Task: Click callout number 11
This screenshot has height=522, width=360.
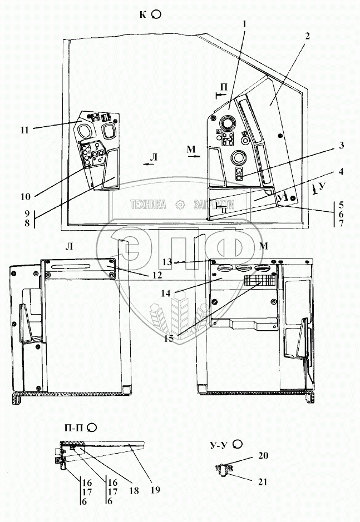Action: click(24, 130)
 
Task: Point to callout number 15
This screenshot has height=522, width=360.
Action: click(168, 337)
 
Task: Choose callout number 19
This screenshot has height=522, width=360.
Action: click(155, 490)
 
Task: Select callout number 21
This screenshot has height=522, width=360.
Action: click(263, 481)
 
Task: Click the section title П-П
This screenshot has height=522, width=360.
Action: click(75, 427)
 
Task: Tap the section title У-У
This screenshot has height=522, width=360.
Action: click(221, 444)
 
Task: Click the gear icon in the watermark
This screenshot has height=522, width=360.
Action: click(180, 204)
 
